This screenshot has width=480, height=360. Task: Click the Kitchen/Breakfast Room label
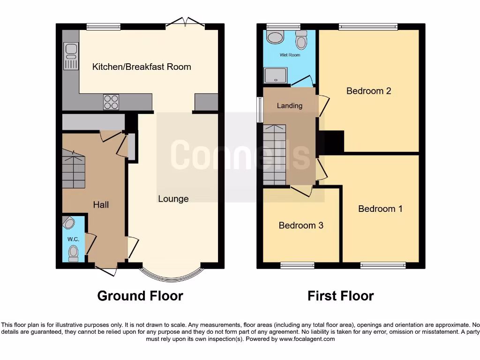[142, 67]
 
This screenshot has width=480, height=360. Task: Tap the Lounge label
[173, 199]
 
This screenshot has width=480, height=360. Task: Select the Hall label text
[101, 204]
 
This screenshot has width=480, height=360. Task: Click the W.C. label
[73, 239]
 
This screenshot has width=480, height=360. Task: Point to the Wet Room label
[290, 55]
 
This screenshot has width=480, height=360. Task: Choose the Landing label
[289, 105]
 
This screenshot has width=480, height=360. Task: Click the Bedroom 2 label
[368, 91]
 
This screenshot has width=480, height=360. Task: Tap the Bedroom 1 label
[380, 209]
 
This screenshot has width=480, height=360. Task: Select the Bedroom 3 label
[301, 225]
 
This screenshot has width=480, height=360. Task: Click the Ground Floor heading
[140, 296]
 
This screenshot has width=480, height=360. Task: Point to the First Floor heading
[341, 296]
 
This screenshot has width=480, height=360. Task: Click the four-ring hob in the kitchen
[111, 102]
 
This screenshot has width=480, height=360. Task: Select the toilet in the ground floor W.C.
[73, 254]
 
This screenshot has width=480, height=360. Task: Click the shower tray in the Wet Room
[276, 75]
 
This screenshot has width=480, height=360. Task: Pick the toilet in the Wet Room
[301, 41]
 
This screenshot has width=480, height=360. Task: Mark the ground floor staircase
[74, 169]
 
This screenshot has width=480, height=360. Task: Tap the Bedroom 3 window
[297, 265]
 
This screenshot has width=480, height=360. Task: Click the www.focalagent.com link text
[307, 339]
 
